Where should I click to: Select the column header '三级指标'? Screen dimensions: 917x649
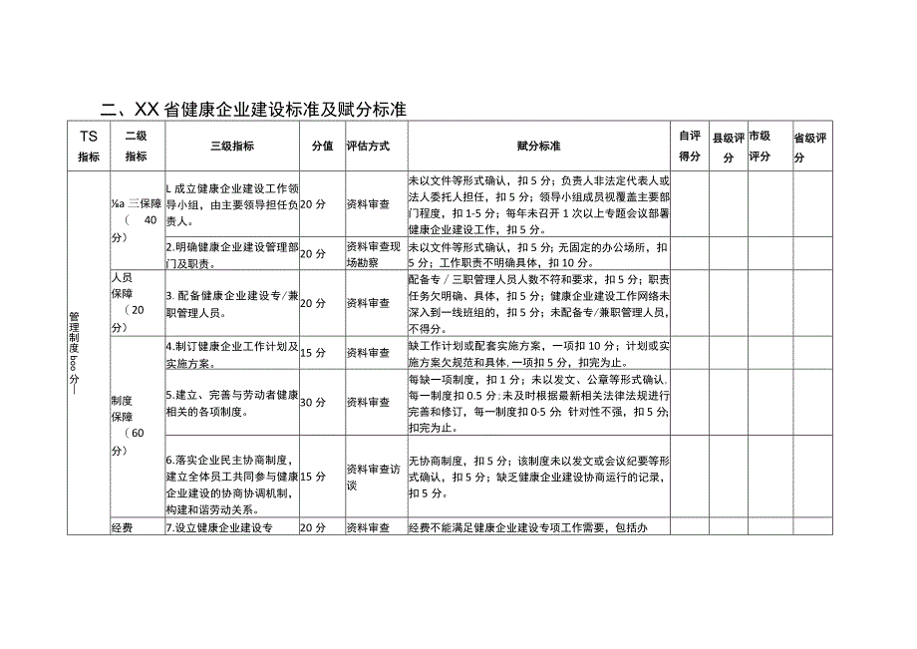(x=231, y=146)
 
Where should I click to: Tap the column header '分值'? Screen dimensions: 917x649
(x=321, y=146)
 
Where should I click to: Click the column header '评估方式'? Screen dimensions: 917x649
(x=368, y=146)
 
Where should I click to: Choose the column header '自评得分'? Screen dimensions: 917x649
(x=689, y=146)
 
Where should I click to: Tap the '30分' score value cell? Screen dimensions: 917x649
(x=313, y=402)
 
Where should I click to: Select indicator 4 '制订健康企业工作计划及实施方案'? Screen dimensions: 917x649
(x=230, y=352)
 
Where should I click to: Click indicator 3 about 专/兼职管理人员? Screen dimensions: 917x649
(x=230, y=302)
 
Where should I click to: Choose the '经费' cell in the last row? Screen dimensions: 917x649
(x=122, y=527)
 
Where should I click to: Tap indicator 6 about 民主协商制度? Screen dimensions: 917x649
(x=230, y=476)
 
